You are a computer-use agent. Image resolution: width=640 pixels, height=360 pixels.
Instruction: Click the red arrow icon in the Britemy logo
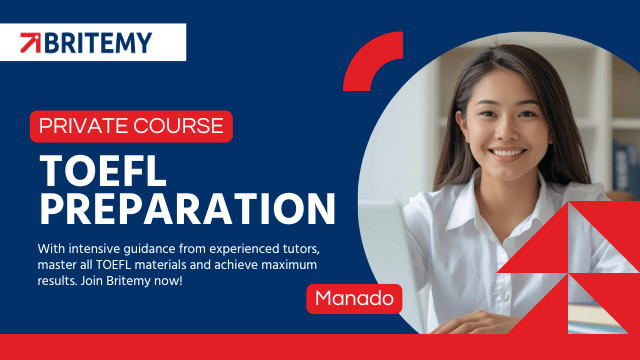point(31,43)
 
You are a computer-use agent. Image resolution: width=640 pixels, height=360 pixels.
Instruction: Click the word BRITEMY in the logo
point(98,43)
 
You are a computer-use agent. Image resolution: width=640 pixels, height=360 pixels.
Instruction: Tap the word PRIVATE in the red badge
point(83,126)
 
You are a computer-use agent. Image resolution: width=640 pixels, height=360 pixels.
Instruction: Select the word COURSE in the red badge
point(178,126)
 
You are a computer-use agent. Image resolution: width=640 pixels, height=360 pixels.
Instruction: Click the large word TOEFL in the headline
point(103,171)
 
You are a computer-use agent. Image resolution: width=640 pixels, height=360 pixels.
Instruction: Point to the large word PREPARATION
point(187,209)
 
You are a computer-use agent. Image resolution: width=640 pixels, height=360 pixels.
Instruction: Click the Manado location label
point(354,298)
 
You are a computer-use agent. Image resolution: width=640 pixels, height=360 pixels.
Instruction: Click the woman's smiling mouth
point(507,153)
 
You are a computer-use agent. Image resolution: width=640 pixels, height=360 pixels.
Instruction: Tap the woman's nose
point(506,131)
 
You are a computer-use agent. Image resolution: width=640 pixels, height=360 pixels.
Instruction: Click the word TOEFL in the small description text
point(113,265)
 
